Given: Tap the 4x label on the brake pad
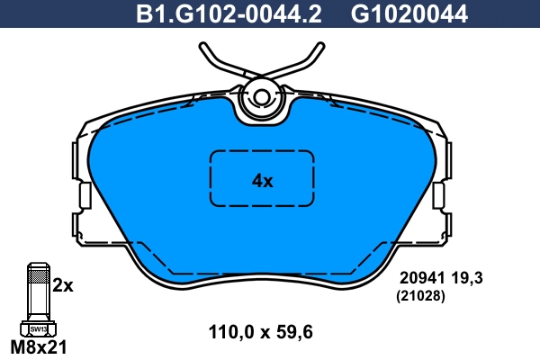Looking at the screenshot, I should click(x=262, y=180).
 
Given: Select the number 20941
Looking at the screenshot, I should click(x=420, y=280).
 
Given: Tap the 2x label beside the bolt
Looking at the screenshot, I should click(x=62, y=285).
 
